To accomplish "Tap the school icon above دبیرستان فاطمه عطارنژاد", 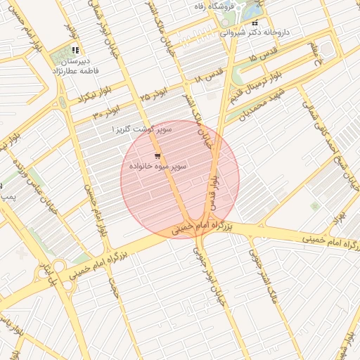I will pyautogui.click(x=75, y=51).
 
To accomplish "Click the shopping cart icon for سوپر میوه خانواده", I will pyautogui.click(x=157, y=155).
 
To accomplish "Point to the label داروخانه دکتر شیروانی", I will pyautogui.click(x=254, y=32).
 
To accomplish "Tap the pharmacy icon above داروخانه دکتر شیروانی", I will pyautogui.click(x=254, y=23).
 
